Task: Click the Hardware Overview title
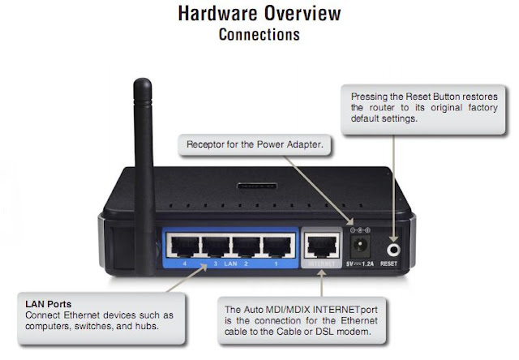(x=259, y=14)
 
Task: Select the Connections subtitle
(x=259, y=34)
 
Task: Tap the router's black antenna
(x=144, y=175)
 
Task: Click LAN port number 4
(x=184, y=246)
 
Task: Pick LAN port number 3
(x=215, y=246)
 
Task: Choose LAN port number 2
(x=246, y=246)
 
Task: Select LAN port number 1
(x=277, y=246)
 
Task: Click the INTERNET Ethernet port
(x=322, y=246)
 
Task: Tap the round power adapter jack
(x=359, y=245)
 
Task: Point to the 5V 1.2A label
(x=360, y=264)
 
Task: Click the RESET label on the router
(x=388, y=264)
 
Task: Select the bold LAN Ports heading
(x=49, y=304)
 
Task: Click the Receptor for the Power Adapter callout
(x=255, y=144)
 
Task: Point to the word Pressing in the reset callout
(x=369, y=97)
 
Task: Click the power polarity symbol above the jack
(x=360, y=230)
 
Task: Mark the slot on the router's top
(x=257, y=186)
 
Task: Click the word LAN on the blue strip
(x=230, y=264)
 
